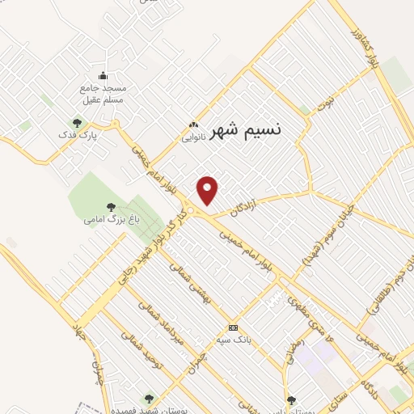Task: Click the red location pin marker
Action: pyautogui.click(x=209, y=191)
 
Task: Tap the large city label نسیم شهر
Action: pyautogui.click(x=247, y=132)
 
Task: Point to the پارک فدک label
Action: pyautogui.click(x=83, y=135)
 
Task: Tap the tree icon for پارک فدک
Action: pyautogui.click(x=78, y=123)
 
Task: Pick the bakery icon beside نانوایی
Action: pyautogui.click(x=192, y=125)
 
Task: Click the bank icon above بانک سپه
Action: pyautogui.click(x=234, y=327)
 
